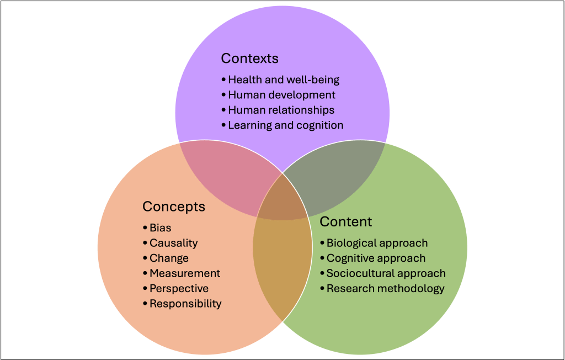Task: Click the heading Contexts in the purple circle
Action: tap(249, 59)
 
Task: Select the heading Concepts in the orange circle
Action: tap(173, 207)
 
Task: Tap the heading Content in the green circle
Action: tap(346, 222)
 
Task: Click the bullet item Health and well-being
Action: tap(284, 80)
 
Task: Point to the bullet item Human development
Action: tap(281, 95)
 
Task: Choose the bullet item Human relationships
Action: tap(281, 110)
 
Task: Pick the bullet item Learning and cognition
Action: tap(285, 125)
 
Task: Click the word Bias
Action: tap(160, 227)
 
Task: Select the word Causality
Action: tap(173, 243)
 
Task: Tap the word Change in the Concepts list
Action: tap(169, 258)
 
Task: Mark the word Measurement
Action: tap(185, 273)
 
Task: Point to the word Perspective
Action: tap(179, 288)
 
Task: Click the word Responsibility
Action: tap(185, 304)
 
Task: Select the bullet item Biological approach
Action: tap(377, 243)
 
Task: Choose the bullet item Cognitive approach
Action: tap(376, 258)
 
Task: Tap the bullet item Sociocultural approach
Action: tap(386, 273)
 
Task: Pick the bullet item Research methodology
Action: tap(385, 288)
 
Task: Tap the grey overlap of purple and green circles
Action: tap(337, 174)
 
